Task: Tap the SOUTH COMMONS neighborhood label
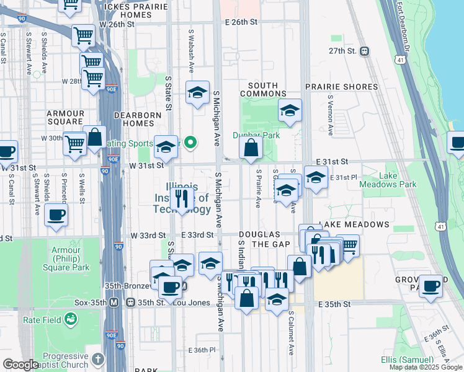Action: [x=267, y=89]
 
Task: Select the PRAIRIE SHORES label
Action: [x=341, y=87]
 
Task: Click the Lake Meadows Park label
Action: [x=397, y=180]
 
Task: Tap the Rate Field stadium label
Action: [x=41, y=320]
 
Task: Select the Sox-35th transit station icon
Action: [x=114, y=303]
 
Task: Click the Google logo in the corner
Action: [x=20, y=365]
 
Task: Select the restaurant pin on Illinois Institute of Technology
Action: [x=182, y=199]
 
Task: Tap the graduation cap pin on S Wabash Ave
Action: [x=197, y=94]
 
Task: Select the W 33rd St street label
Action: [x=148, y=236]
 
